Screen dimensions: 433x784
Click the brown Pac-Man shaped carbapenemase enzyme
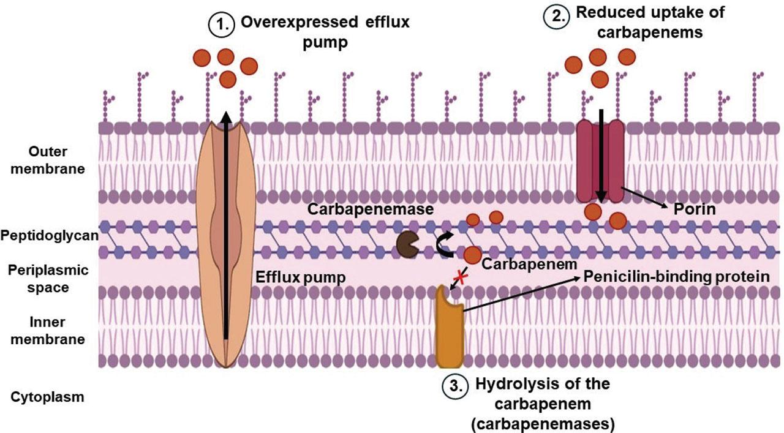click(406, 244)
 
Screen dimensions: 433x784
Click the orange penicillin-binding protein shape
click(450, 328)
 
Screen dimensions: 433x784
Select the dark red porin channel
click(600, 160)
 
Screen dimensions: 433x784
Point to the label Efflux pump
click(300, 277)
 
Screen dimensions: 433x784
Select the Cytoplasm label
click(47, 397)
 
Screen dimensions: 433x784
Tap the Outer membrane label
click(47, 160)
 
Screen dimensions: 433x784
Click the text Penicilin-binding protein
click(676, 277)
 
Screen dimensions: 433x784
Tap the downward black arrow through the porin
click(601, 156)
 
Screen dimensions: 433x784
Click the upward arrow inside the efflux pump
click(226, 227)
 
